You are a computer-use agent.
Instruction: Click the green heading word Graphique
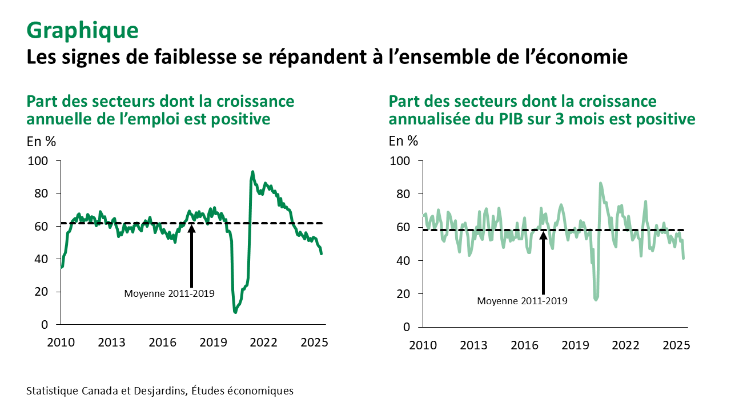82,31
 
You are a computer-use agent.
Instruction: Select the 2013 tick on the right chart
473,345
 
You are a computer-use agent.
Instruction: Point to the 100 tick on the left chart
44,162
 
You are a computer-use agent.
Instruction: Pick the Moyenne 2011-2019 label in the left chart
169,294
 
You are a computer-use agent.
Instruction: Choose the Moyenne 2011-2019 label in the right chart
522,301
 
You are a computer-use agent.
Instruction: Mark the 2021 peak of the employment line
252,172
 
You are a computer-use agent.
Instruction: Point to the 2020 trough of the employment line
235,312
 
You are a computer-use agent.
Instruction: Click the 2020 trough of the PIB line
596,299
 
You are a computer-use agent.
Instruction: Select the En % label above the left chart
41,140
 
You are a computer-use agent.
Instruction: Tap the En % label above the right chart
403,140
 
